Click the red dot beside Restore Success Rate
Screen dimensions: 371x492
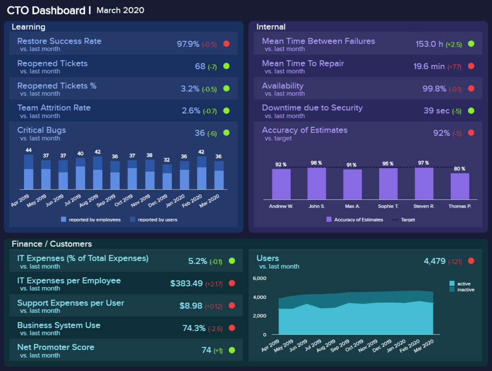[x=226, y=44]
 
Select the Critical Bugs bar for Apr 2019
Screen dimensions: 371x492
[x=28, y=172]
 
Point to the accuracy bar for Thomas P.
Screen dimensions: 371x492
[x=460, y=186]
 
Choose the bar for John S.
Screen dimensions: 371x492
[x=317, y=183]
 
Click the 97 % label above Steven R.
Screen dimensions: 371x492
[x=423, y=163]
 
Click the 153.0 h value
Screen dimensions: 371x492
[x=430, y=44]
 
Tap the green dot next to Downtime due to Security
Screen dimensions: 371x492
[x=471, y=111]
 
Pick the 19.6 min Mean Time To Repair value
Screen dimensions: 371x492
[x=429, y=66]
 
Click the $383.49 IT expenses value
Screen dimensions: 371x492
[x=186, y=284]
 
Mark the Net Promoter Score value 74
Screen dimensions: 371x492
[x=207, y=350]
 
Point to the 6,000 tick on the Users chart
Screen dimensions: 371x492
[x=259, y=279]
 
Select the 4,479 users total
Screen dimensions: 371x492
[x=434, y=261]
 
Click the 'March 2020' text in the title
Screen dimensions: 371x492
[x=120, y=11]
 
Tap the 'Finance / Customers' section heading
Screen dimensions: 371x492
[x=51, y=244]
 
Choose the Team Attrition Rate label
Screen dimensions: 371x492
[x=54, y=108]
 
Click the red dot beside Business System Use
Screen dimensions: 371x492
[x=231, y=328]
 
